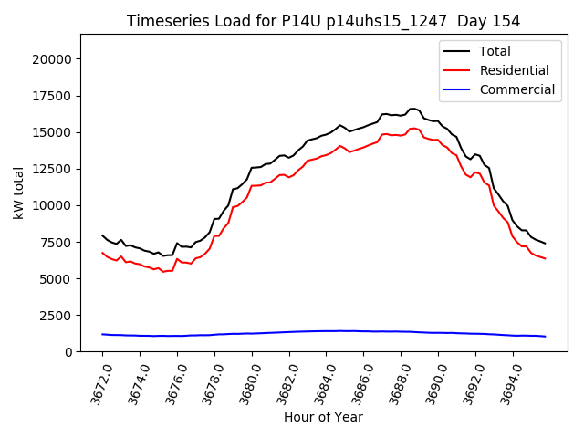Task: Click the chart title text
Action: coord(323,21)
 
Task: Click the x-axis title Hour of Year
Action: coord(323,417)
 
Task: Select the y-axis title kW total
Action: coord(18,193)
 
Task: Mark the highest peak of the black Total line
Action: coord(412,109)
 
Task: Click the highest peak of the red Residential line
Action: coord(412,129)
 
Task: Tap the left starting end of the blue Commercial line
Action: coord(102,334)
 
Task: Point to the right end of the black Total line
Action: coord(545,244)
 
